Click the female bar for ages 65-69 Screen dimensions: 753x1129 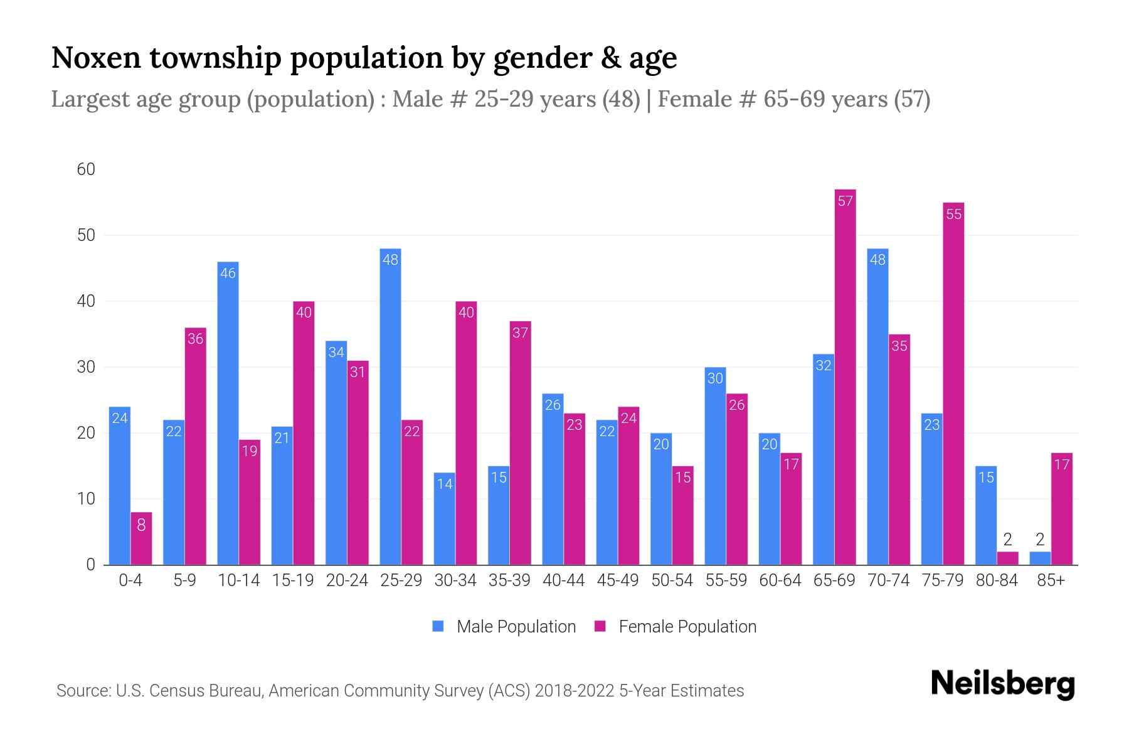click(845, 376)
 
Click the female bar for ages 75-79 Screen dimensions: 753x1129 click(953, 383)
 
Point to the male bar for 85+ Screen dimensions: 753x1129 click(1040, 558)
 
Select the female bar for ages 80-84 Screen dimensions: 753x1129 click(1007, 558)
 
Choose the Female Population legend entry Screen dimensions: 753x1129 click(676, 627)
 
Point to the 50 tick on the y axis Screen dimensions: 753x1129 click(86, 235)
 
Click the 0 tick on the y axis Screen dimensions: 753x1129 click(91, 565)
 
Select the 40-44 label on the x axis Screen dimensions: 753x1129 click(563, 580)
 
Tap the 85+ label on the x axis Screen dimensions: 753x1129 click(1051, 580)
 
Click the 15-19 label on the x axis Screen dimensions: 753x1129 click(293, 580)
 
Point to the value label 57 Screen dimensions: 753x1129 click(845, 201)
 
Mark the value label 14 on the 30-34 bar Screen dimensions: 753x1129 click(445, 484)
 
